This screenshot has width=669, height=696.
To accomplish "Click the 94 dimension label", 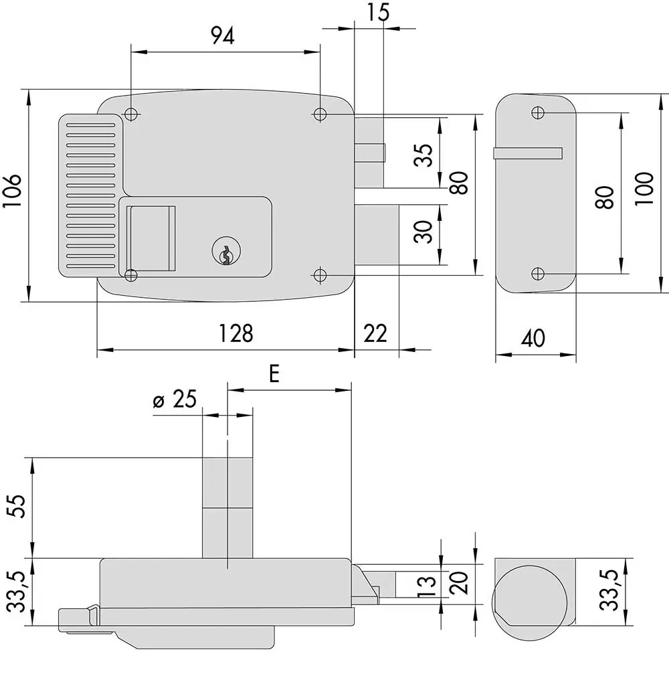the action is [223, 35].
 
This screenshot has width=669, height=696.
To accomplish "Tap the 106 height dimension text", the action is [12, 191].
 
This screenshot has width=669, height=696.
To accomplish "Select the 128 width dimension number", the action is [236, 333].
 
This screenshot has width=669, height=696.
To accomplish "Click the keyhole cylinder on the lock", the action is [226, 252].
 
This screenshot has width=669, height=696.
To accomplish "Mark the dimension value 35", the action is [423, 155].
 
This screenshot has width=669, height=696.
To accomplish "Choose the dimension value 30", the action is [423, 232].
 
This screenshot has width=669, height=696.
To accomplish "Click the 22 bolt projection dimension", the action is [375, 333].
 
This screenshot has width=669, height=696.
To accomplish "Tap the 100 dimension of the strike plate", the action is [644, 189].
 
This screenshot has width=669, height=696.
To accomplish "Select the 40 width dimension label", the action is [533, 339].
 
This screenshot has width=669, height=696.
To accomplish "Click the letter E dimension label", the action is [274, 373].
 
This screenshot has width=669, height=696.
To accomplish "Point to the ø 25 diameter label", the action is [175, 399].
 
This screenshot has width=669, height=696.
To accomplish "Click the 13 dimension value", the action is [427, 586].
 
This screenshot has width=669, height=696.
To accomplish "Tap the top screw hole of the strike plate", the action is [538, 112].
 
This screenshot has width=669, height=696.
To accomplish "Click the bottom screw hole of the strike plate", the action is [538, 274].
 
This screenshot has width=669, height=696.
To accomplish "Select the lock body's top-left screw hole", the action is [131, 114].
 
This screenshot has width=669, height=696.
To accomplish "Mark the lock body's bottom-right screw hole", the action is [320, 275].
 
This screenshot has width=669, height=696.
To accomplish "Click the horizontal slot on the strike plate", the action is [528, 153].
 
